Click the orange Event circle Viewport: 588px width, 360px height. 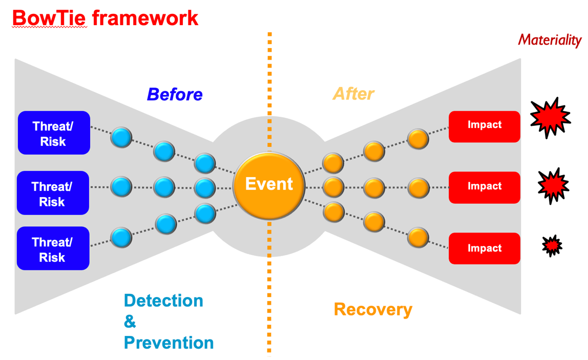(x=269, y=185)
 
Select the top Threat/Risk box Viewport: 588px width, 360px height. (x=54, y=133)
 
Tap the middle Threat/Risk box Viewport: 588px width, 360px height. (x=53, y=193)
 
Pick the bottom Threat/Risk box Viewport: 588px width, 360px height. (x=53, y=248)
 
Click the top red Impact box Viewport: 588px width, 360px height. (x=484, y=127)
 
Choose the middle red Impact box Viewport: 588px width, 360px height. (x=484, y=187)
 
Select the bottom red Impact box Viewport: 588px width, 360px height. (x=484, y=248)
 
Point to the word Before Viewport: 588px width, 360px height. (x=175, y=94)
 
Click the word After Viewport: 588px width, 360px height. (x=353, y=94)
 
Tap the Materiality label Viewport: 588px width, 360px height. (x=550, y=40)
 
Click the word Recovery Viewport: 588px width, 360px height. (x=373, y=310)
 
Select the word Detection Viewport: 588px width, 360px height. (x=163, y=301)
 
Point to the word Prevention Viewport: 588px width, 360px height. (x=169, y=343)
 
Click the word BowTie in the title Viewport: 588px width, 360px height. (x=49, y=18)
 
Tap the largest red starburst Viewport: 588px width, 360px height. (x=550, y=118)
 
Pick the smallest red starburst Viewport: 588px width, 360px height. (x=552, y=246)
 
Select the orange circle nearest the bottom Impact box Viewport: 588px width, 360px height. (x=418, y=238)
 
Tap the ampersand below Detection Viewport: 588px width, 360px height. (x=130, y=322)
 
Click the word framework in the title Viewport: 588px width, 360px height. (x=145, y=18)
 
